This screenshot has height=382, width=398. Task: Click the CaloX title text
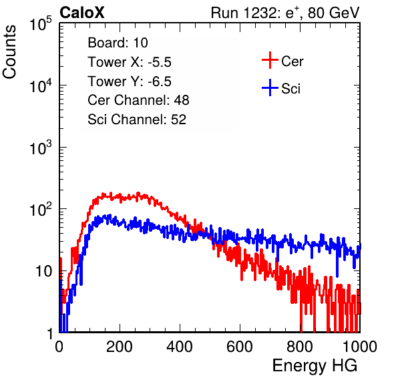tap(81, 13)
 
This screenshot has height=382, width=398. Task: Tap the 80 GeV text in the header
tap(333, 13)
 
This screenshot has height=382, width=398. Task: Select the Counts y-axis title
tap(9, 52)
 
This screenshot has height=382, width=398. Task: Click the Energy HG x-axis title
tap(315, 366)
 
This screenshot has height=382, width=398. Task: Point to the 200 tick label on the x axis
tap(119, 347)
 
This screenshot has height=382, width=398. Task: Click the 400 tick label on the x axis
tap(180, 347)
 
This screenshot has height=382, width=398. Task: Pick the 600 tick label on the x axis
tap(240, 347)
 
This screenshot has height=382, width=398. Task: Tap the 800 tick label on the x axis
tap(300, 347)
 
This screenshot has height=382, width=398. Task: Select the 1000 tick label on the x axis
tap(360, 347)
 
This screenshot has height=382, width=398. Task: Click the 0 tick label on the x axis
tap(59, 347)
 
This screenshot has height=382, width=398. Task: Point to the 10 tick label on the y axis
tap(44, 271)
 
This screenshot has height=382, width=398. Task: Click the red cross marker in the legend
tap(270, 60)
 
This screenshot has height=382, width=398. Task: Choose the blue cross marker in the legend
tap(270, 88)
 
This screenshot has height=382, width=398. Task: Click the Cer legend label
tap(292, 61)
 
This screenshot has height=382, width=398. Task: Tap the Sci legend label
tap(291, 89)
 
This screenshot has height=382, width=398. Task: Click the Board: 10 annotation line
tap(118, 43)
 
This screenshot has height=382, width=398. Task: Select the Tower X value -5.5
tap(160, 62)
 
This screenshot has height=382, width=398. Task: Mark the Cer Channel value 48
tap(182, 100)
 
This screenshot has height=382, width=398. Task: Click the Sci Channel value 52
tap(178, 120)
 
